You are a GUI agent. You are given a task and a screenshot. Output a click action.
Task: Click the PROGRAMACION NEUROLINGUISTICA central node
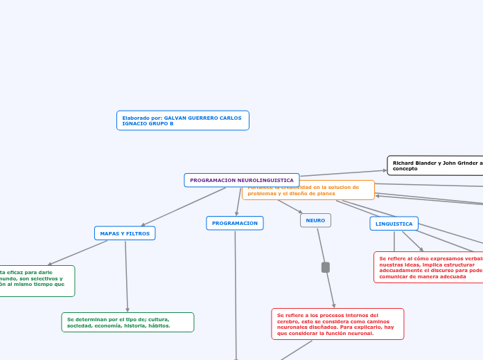click(242, 180)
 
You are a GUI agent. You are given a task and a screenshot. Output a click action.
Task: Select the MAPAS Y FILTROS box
click(125, 233)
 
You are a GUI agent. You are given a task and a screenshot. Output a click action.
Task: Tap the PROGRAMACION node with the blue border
click(235, 223)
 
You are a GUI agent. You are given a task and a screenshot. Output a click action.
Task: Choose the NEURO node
click(315, 220)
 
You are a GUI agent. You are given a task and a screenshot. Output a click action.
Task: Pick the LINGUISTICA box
click(394, 224)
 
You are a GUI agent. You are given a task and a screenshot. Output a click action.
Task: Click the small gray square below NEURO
click(326, 267)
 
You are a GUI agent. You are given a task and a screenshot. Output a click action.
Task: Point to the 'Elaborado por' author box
click(182, 120)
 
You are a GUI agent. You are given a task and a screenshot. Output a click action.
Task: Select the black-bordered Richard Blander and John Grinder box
click(435, 165)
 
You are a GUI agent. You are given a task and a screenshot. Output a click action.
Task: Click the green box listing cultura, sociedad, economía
click(128, 322)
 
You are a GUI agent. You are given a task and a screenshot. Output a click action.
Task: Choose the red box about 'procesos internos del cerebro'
click(337, 324)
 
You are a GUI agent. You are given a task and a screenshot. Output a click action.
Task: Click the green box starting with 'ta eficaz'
click(36, 280)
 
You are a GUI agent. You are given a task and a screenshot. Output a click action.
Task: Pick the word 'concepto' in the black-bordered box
click(405, 169)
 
